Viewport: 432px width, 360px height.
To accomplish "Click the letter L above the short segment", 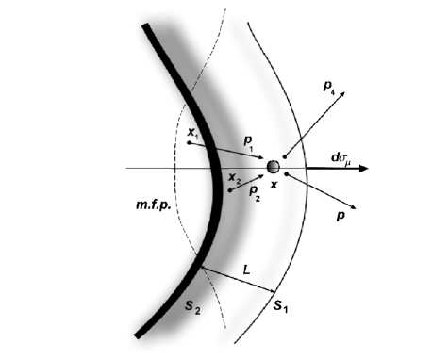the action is tap(245, 269).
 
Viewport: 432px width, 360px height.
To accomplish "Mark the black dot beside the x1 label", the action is tap(189, 143).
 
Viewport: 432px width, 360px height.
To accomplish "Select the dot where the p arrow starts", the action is tap(285, 175).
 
